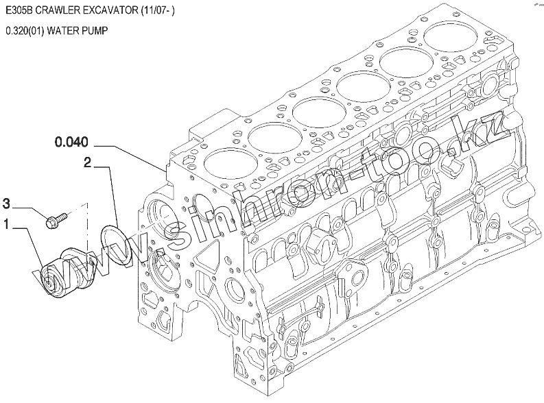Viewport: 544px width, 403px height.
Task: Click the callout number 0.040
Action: click(71, 142)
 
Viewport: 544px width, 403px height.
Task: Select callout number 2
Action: click(87, 162)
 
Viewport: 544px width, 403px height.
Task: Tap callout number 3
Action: click(7, 204)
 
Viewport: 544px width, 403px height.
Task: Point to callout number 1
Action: click(6, 224)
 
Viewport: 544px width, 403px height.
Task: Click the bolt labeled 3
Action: click(57, 220)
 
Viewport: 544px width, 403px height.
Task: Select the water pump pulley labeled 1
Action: click(66, 276)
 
